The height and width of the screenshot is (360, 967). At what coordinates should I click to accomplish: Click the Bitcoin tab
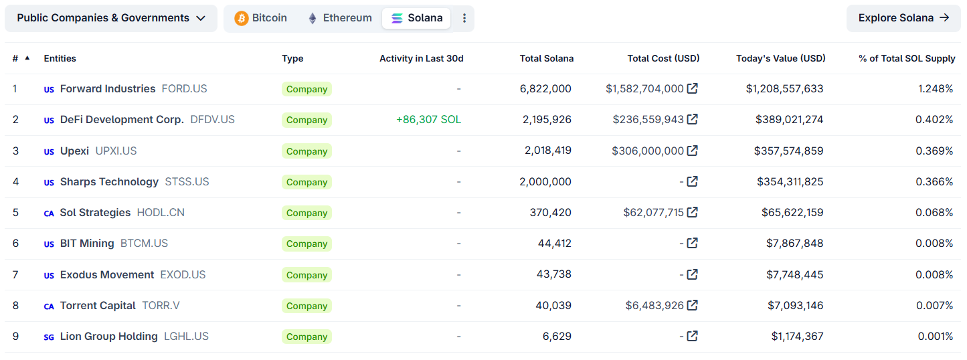click(x=260, y=18)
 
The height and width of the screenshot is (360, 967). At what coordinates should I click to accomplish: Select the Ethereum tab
click(x=339, y=18)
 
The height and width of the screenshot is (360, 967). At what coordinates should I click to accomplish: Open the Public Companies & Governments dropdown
click(x=111, y=18)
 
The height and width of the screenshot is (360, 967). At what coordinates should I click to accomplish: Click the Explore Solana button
click(x=903, y=18)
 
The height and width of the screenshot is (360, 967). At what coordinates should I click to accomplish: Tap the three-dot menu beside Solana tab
click(x=464, y=18)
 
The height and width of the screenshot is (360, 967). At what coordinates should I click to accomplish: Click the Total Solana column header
click(x=546, y=58)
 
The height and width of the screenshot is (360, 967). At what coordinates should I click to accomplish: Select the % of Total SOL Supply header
click(x=907, y=58)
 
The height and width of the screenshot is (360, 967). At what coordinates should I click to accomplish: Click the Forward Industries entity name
click(x=107, y=88)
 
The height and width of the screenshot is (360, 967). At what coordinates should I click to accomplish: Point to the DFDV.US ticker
click(x=212, y=120)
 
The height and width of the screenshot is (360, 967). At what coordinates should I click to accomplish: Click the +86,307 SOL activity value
click(x=428, y=120)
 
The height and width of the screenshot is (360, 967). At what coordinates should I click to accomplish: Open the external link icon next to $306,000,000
click(x=693, y=151)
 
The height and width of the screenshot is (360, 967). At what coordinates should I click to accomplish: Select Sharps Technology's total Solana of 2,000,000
click(x=545, y=181)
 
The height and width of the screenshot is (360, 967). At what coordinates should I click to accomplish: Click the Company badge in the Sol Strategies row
click(x=306, y=213)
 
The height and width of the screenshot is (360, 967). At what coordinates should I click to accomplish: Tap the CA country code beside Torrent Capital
click(x=49, y=306)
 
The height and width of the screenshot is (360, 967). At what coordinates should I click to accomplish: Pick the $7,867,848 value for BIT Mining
click(x=794, y=244)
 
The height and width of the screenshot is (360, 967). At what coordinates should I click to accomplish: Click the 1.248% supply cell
click(x=936, y=88)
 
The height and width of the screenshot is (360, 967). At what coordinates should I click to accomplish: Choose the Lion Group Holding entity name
click(x=108, y=337)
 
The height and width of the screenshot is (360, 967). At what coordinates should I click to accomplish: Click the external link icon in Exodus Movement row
click(x=693, y=274)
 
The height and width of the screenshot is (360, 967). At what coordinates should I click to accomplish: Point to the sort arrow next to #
click(x=27, y=58)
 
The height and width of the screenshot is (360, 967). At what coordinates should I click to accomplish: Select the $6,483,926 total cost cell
click(x=654, y=306)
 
